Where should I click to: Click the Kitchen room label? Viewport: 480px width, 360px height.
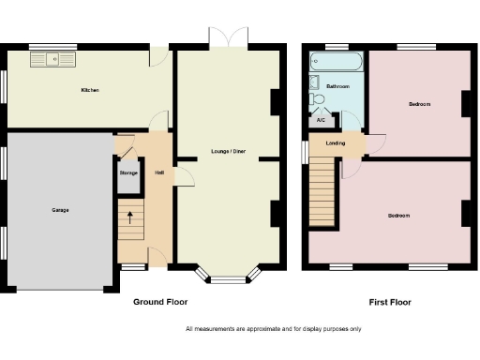point(90,90)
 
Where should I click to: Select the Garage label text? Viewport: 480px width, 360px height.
point(60,210)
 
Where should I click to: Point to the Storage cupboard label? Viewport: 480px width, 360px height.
point(128,173)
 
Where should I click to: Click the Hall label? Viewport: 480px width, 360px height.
point(159,173)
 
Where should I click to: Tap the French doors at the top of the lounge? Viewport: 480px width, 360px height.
point(229,37)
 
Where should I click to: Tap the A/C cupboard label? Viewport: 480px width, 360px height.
point(322,120)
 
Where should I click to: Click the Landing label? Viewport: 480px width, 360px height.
point(335,143)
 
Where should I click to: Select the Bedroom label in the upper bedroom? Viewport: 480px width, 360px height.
point(419,104)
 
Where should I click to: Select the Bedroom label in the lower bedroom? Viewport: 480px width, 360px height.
point(399,216)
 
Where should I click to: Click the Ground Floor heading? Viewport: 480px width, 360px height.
point(160,302)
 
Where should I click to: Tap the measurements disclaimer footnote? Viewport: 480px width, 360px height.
point(273,329)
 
